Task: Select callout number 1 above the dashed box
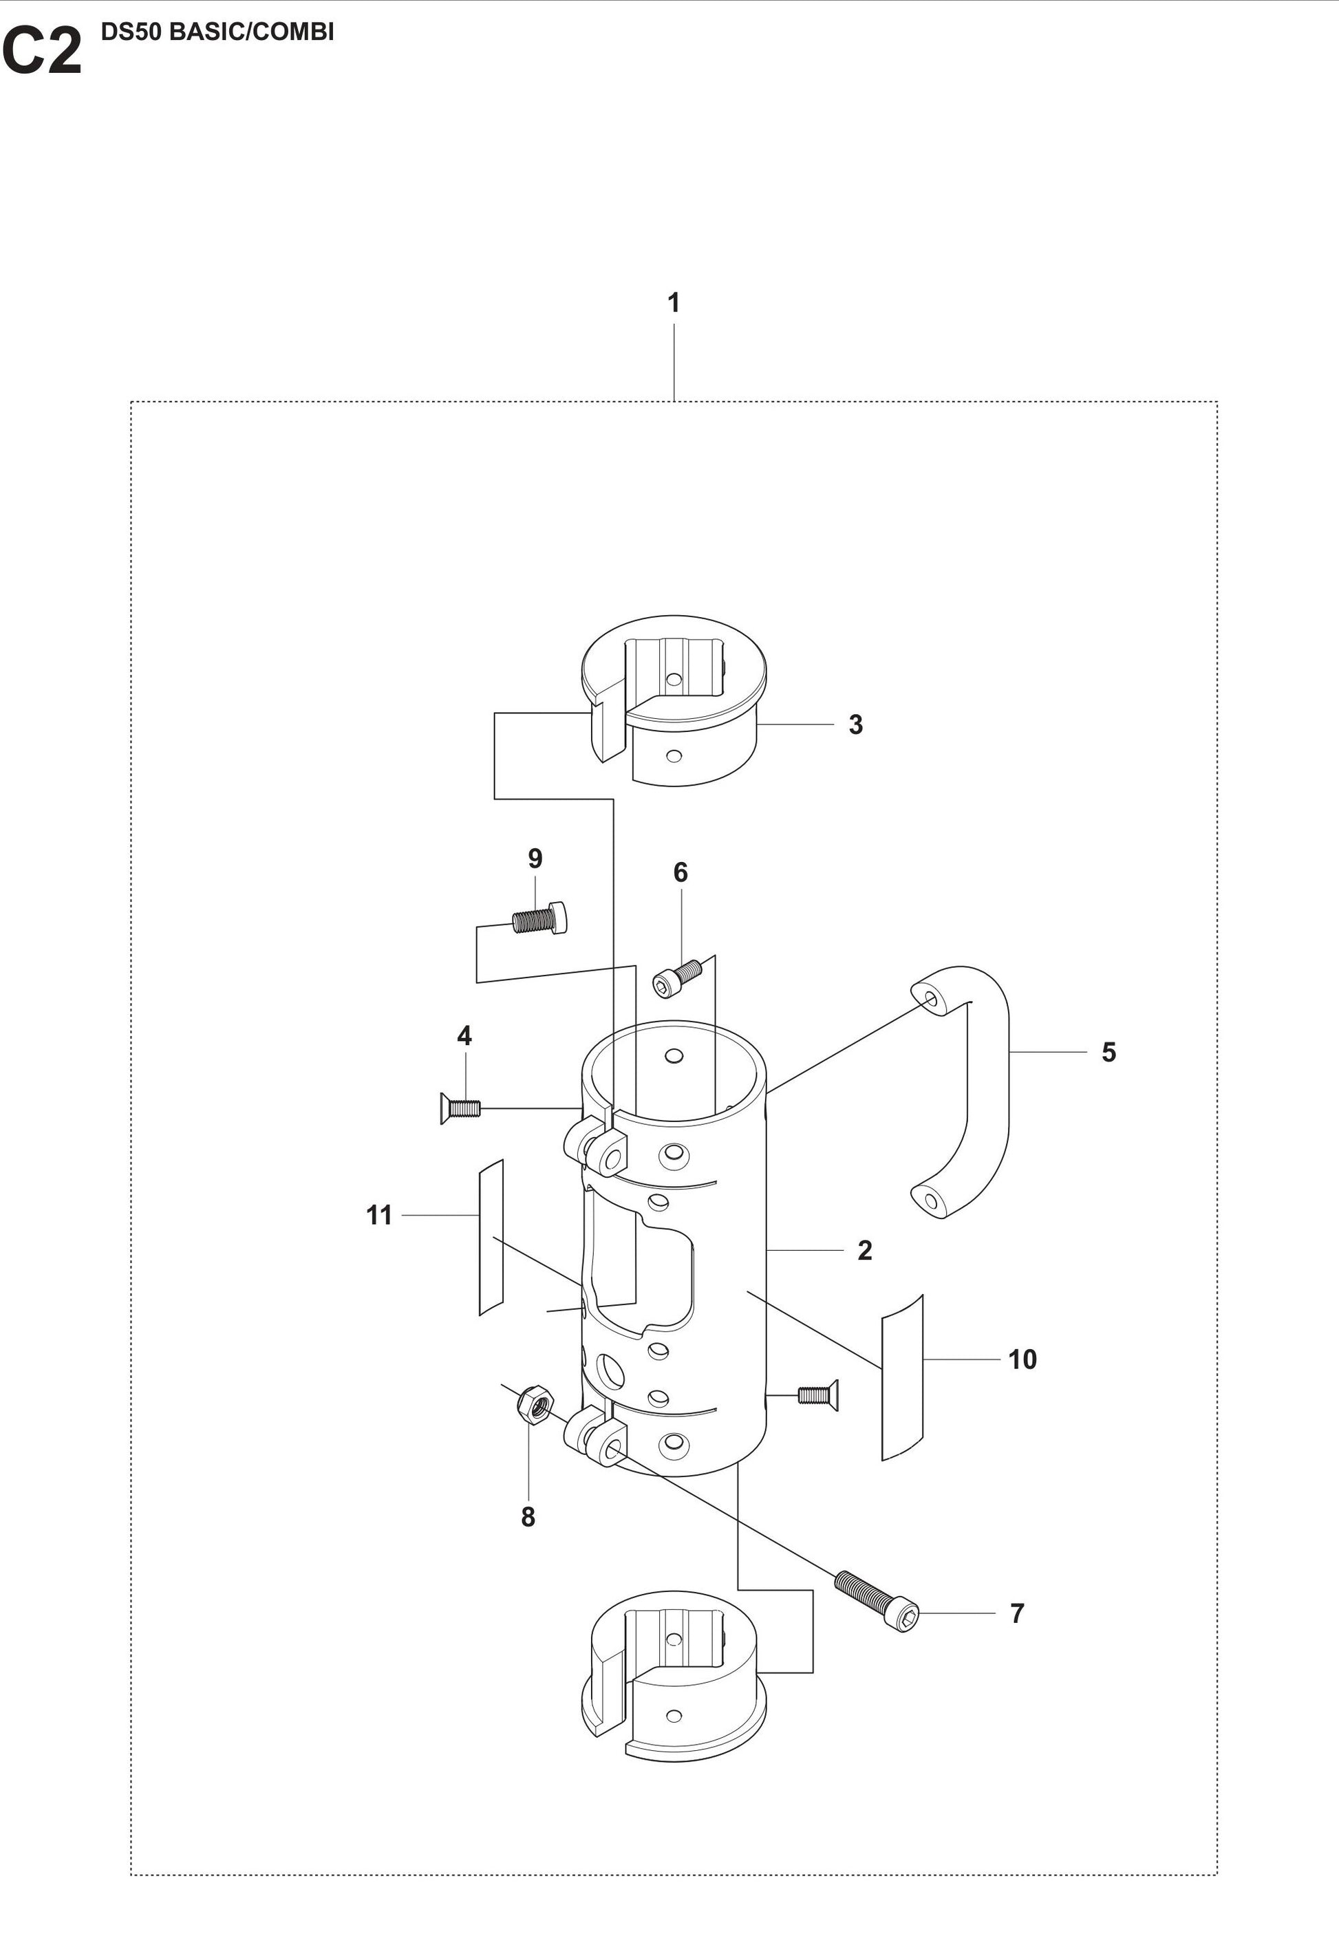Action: (x=673, y=303)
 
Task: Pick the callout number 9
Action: (x=535, y=858)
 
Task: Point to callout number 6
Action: (x=681, y=872)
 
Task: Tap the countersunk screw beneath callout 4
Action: (x=459, y=1108)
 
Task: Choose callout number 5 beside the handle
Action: (x=1108, y=1052)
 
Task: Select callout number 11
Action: (x=379, y=1215)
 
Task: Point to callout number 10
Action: (x=1022, y=1359)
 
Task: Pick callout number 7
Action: (x=1017, y=1613)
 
